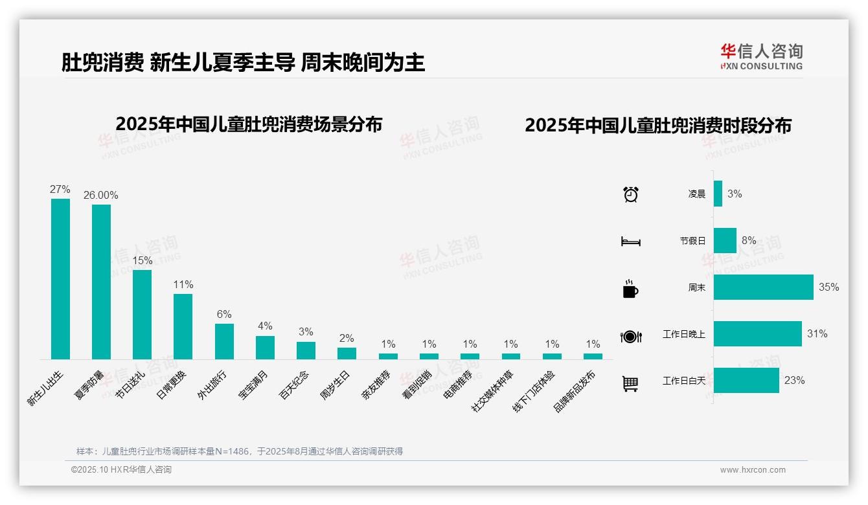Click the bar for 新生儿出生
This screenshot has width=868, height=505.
60,279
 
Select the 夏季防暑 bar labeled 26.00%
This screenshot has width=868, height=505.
101,282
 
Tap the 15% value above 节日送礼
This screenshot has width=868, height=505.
142,260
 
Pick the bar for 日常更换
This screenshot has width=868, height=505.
183,326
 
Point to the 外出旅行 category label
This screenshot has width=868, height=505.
212,385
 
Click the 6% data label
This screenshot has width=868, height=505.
224,314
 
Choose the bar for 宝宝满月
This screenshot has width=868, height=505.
265,347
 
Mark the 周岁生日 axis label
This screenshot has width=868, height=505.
335,385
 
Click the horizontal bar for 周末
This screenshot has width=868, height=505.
763,287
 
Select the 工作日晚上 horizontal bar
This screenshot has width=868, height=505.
757,334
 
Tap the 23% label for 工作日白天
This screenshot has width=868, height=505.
794,381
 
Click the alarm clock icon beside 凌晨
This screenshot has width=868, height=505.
630,194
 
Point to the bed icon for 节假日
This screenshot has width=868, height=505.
630,241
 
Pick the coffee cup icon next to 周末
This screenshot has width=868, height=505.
630,289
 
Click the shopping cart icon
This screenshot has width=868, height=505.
630,383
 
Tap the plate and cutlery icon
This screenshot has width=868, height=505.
630,336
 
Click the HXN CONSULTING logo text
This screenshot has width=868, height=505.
761,66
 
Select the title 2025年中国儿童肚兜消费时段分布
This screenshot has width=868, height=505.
658,126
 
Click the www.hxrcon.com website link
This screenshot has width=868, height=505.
753,470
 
